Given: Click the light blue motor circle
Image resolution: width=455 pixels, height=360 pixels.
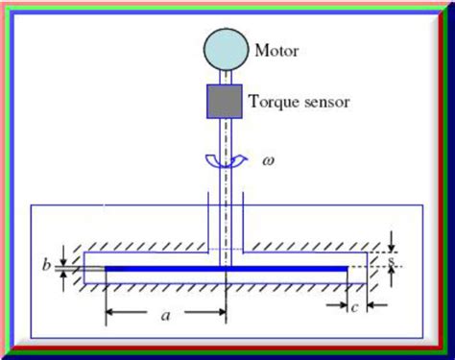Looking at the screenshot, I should [227, 50].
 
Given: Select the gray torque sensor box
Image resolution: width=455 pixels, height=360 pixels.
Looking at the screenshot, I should [227, 101].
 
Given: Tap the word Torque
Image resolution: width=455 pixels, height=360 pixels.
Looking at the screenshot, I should [273, 99].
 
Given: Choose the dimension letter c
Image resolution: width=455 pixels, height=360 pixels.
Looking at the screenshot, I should [354, 306].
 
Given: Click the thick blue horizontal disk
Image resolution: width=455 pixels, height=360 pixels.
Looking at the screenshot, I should [227, 268].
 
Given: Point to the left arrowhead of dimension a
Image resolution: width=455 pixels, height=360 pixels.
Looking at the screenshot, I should [109, 312].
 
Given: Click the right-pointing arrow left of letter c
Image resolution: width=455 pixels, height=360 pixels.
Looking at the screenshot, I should [337, 306].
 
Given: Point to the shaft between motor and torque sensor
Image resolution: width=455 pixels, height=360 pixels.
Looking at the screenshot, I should [227, 77].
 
